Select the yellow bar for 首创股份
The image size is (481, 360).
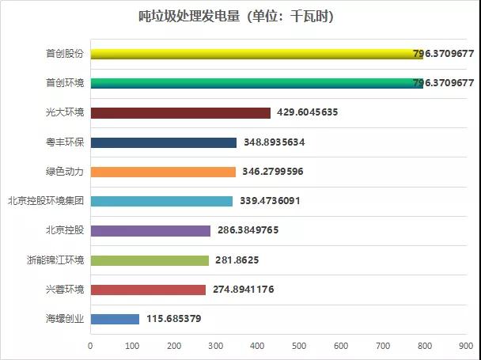coord(257,54)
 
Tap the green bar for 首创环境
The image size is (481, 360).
coord(257,83)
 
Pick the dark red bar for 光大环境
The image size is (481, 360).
coord(180,112)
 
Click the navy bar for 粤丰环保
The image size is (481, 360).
coord(164,142)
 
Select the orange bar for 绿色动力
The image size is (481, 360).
coord(163,172)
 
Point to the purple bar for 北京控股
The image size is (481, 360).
coord(150,230)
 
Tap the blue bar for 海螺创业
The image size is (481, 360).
coord(115,319)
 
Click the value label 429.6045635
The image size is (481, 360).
coord(308,112)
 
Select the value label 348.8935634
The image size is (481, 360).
coord(275,142)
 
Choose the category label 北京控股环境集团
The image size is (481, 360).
coord(45,201)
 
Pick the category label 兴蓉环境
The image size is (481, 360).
coord(65,290)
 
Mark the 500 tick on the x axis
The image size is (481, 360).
coord(299,346)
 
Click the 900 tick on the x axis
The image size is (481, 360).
coord(467,346)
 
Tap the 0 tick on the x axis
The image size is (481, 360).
coord(90,346)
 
